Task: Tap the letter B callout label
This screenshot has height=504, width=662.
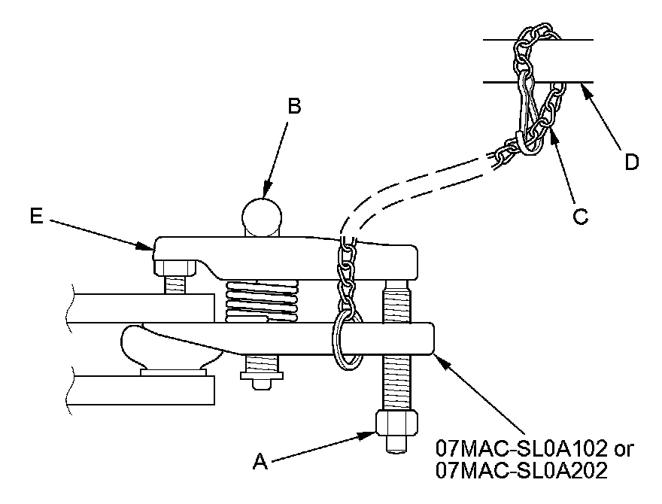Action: pos(294,106)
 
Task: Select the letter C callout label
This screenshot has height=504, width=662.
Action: pos(579,216)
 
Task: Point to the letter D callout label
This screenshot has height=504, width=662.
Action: pos(632,162)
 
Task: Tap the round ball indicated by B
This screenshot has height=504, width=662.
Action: pos(262,214)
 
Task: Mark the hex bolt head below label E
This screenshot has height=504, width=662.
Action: pos(174,266)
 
